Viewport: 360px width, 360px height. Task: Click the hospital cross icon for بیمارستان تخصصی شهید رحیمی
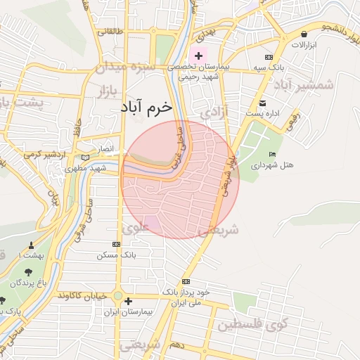[x=199, y=56]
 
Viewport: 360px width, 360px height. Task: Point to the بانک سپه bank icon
[x=268, y=57]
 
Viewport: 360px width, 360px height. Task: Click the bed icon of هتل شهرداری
[x=273, y=155]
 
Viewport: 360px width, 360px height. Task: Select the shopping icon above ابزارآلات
[x=304, y=34]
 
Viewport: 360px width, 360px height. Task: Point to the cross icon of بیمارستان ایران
[x=127, y=302]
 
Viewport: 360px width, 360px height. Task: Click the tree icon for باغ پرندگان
[x=29, y=271]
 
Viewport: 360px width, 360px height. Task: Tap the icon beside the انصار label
[x=86, y=157]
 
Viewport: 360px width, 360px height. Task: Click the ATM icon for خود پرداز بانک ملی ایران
[x=186, y=281]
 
